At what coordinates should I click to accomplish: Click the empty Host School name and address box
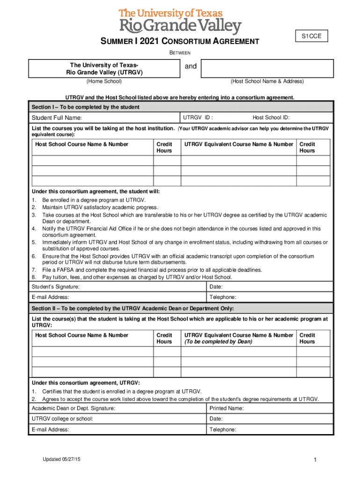pos(267,68)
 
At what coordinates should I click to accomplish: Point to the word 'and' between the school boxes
pos(191,66)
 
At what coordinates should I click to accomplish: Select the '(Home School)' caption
pos(104,81)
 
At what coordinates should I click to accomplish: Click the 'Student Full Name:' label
pos(57,117)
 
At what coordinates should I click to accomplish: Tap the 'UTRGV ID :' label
pos(199,117)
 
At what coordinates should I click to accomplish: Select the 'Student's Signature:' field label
pos(55,287)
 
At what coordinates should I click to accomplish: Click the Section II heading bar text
pos(133,309)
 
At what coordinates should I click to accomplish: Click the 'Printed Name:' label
pos(227,408)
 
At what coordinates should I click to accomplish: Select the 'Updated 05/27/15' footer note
pos(61,460)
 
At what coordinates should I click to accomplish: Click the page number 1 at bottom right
pos(316,461)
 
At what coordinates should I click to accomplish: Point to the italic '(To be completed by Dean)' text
pos(218,341)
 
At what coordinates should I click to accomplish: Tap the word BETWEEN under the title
pos(180,52)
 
